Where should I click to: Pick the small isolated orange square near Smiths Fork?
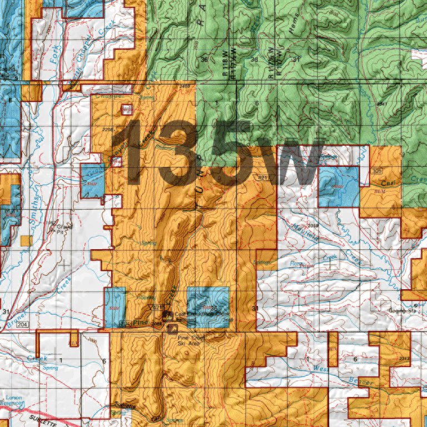click(x=25, y=240)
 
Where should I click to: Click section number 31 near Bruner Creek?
click(x=6, y=310)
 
